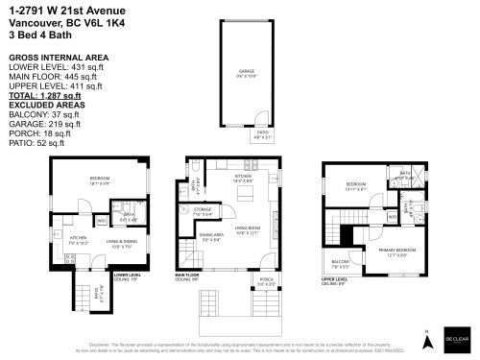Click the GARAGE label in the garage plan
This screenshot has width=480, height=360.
point(247,72)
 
